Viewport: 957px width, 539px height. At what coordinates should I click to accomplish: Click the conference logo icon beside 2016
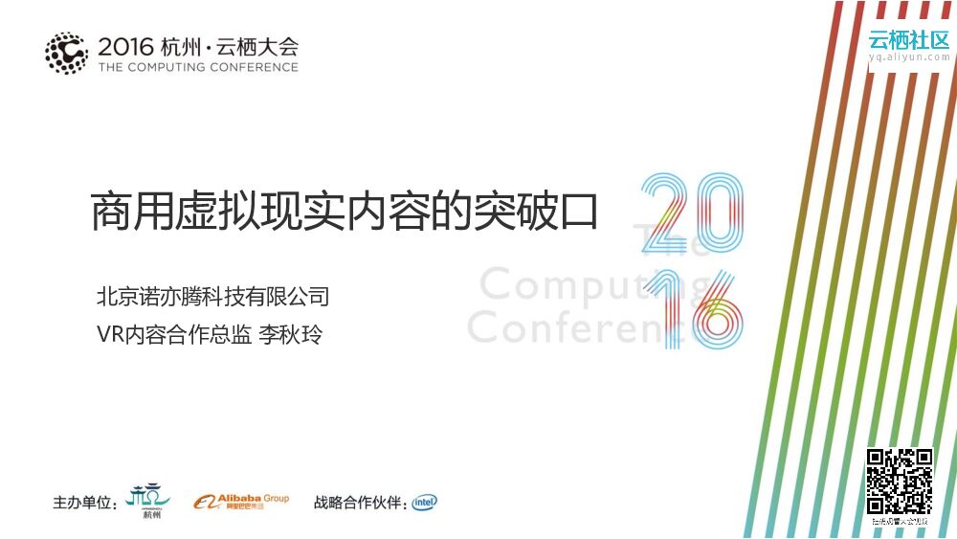coord(66,54)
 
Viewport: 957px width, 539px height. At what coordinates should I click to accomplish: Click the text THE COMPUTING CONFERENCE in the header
coord(198,67)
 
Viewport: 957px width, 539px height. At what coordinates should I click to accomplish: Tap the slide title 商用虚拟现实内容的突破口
coord(345,212)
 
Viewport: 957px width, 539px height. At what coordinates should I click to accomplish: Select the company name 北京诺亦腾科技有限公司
coord(212,296)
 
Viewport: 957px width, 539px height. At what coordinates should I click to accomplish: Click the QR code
coord(899,482)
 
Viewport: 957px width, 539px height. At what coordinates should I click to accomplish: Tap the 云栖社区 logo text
coord(908,39)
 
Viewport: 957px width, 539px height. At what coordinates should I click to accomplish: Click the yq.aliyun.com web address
coord(909,57)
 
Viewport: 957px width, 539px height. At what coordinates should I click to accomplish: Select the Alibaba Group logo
coord(241,502)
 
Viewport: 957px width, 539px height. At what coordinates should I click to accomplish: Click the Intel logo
coord(425,502)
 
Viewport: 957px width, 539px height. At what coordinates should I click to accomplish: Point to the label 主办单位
coord(85,503)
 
